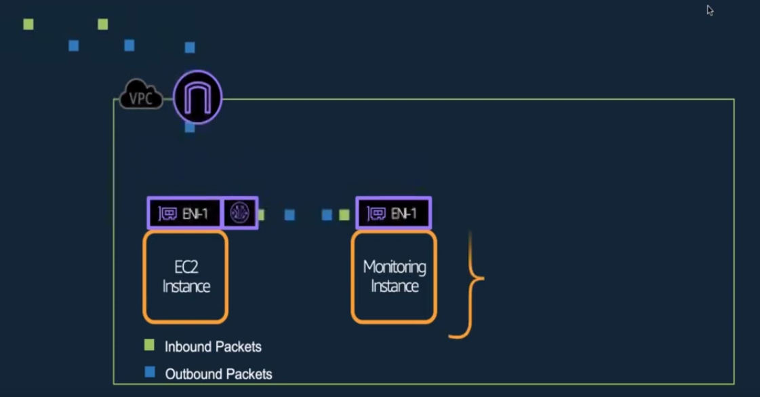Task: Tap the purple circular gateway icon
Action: (x=197, y=98)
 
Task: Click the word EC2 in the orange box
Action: (x=186, y=267)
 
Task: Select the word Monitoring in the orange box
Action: (x=394, y=267)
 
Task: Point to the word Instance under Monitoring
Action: (x=394, y=286)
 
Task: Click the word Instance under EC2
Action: (x=186, y=286)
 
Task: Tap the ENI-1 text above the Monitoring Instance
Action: (x=405, y=214)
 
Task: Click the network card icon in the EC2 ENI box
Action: (x=167, y=214)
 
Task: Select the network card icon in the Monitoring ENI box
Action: (x=376, y=214)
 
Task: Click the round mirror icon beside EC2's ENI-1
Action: (x=239, y=213)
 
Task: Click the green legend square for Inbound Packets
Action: (x=149, y=345)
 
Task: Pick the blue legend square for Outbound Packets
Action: (x=149, y=373)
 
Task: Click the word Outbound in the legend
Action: (x=192, y=374)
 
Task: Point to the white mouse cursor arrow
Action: (x=709, y=10)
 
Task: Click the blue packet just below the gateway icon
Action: (x=190, y=127)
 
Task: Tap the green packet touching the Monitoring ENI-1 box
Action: (x=344, y=215)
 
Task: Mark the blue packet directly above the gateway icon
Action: (x=190, y=48)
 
